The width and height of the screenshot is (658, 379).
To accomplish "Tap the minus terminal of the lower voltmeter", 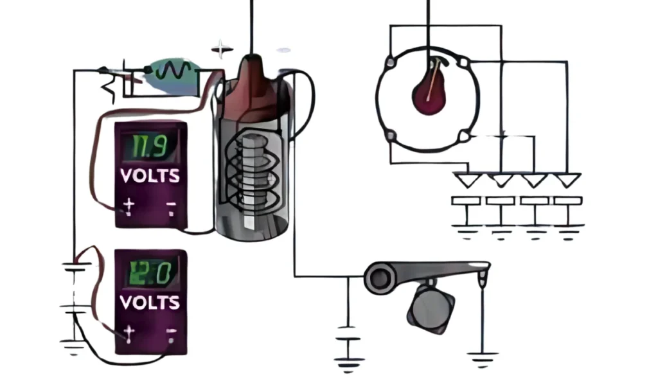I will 171,333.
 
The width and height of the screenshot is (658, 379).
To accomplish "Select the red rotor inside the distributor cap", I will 430,93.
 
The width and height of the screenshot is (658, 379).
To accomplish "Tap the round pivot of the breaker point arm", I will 380,277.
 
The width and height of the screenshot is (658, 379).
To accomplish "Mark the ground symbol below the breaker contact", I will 482,355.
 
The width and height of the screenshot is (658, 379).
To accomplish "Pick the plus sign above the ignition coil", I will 222,48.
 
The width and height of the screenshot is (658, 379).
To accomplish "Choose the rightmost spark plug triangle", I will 567,180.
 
